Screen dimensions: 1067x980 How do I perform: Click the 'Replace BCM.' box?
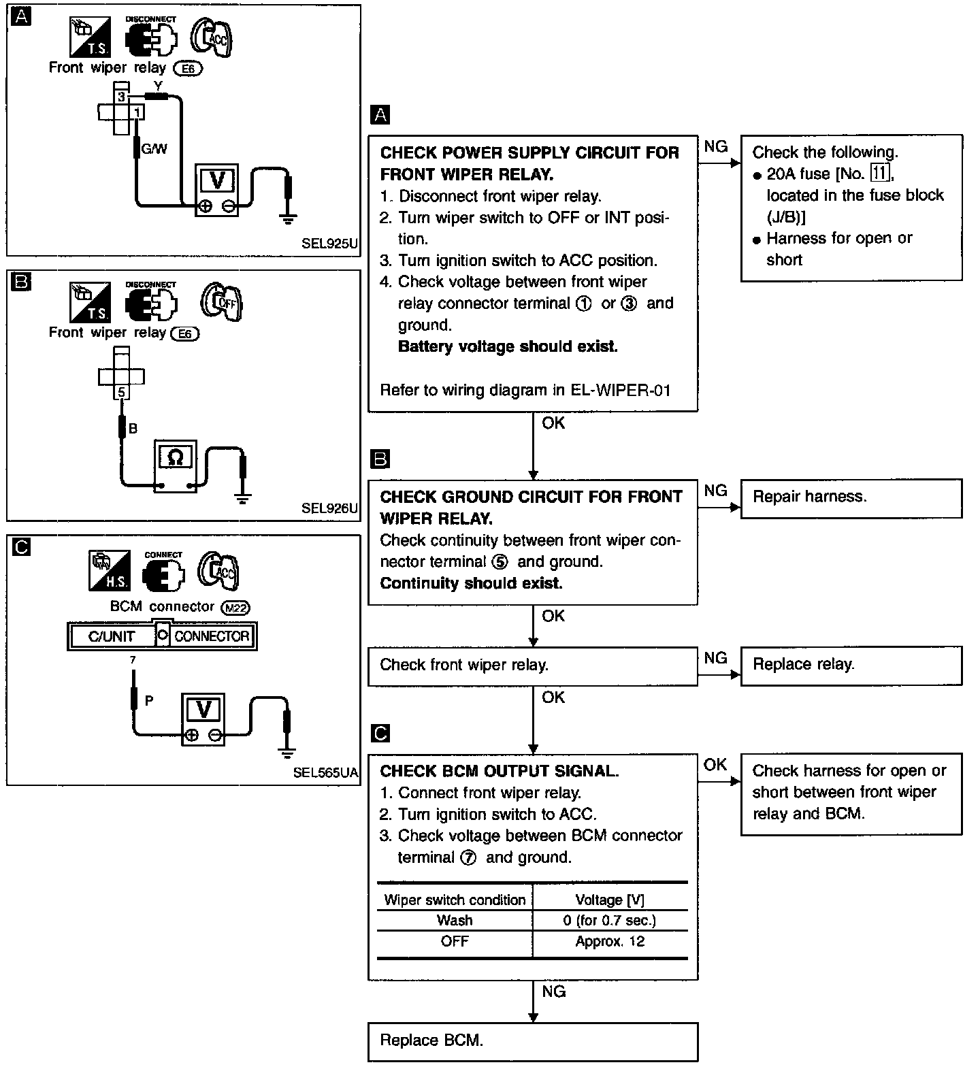click(x=532, y=1040)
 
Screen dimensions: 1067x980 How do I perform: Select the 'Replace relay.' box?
click(x=851, y=665)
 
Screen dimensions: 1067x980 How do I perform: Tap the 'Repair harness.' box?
click(x=851, y=497)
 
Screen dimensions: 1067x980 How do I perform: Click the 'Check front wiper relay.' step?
click(x=532, y=665)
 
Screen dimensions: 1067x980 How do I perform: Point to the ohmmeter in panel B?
click(x=175, y=466)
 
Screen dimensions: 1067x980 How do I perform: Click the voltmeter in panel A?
click(x=217, y=190)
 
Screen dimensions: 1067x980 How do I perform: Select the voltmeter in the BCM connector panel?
click(x=203, y=719)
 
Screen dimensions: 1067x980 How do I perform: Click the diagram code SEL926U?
click(x=329, y=508)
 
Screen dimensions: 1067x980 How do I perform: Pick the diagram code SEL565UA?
click(x=325, y=772)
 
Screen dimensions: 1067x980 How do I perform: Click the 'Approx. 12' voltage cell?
click(x=610, y=942)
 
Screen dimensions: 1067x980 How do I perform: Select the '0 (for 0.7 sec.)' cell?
click(x=610, y=921)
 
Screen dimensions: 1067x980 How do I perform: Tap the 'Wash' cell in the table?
click(x=455, y=921)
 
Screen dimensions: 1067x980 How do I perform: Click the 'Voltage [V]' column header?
click(x=610, y=900)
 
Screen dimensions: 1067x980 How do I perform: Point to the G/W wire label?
click(x=154, y=148)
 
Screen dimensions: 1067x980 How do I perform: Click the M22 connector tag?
click(x=236, y=608)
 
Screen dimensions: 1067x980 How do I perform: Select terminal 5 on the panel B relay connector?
click(x=122, y=393)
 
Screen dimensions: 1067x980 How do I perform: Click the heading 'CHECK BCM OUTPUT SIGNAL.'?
click(x=499, y=771)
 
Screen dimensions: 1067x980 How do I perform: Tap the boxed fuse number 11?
click(x=880, y=174)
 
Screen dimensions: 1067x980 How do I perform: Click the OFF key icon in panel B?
click(x=223, y=301)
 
